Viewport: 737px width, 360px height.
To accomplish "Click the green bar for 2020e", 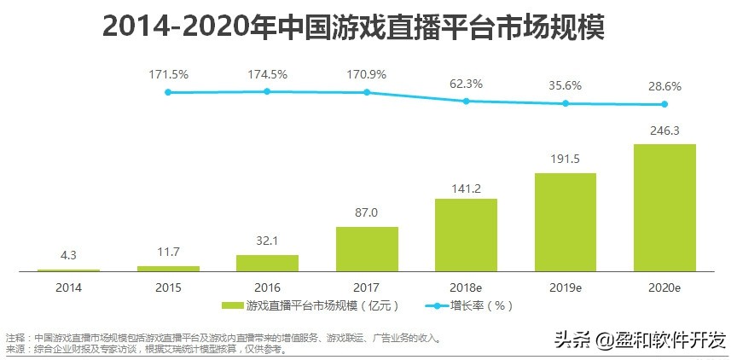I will pos(664,207).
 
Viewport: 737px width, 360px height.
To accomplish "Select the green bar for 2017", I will pos(367,249).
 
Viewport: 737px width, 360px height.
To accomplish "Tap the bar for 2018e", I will pos(466,235).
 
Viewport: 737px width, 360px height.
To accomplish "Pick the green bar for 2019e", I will pos(565,222).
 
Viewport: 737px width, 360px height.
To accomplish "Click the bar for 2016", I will pos(267,263).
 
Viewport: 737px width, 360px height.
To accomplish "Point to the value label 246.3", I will pos(664,132).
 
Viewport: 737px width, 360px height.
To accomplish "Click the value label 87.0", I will pos(367,215).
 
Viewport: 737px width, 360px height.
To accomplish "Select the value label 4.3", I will pos(69,256).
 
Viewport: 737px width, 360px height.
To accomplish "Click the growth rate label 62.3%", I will pos(466,84).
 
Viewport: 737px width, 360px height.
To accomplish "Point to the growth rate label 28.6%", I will pos(664,88).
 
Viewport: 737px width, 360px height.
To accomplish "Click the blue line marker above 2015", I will pos(168,92).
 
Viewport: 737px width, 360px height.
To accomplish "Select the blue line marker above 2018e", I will pos(466,101).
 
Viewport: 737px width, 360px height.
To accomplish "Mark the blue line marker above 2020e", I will pos(664,105).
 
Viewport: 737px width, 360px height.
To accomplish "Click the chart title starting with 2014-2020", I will pos(353,27).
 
